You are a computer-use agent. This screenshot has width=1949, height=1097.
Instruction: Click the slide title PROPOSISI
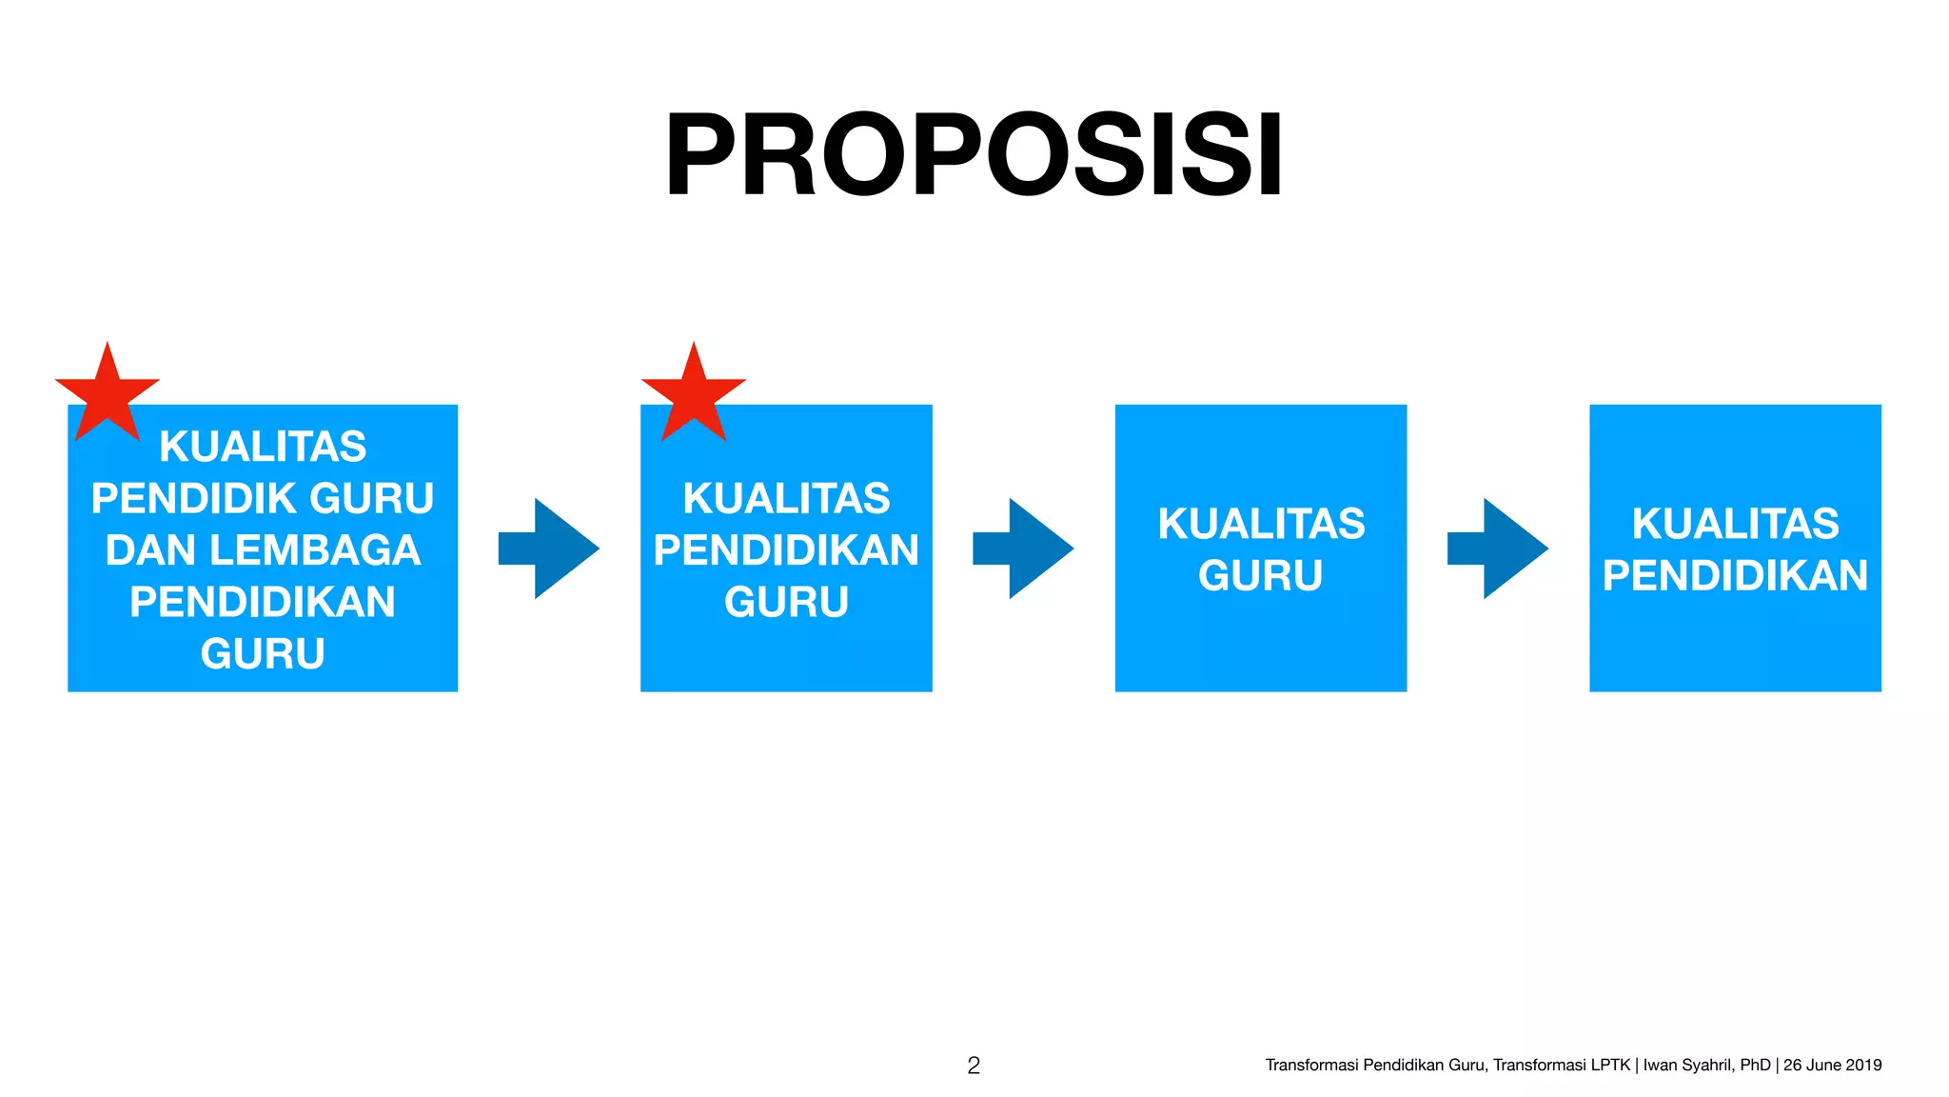(974, 154)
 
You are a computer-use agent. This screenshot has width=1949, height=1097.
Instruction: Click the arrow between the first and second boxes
(550, 548)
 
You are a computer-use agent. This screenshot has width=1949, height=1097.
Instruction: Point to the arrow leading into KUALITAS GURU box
(1024, 548)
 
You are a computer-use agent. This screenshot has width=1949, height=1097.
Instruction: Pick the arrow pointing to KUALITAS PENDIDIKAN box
(1499, 548)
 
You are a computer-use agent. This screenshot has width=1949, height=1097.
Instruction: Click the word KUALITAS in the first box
(263, 447)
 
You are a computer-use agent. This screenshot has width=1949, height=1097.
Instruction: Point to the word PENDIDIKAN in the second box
(786, 550)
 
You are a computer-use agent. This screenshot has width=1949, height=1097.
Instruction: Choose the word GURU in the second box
(786, 602)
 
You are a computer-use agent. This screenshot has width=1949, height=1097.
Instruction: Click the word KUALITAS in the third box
(1261, 524)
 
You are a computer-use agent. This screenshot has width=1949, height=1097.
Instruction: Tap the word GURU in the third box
(1261, 575)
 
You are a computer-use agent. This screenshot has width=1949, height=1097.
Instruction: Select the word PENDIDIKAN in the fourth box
(1735, 575)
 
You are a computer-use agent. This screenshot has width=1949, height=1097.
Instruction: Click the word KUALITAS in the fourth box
(1735, 524)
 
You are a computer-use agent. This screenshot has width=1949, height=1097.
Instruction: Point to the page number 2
(974, 1066)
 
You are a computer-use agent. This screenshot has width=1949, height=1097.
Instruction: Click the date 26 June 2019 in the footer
(1832, 1066)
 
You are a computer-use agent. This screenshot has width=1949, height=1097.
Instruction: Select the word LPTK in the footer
(1610, 1066)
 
